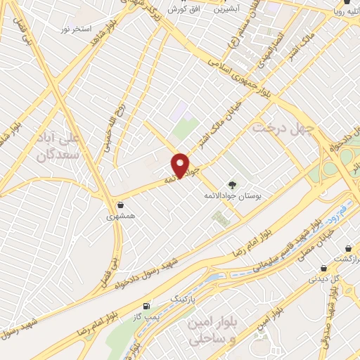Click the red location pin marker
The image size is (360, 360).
click(x=181, y=165)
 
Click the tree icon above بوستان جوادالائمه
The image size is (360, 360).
click(x=233, y=181)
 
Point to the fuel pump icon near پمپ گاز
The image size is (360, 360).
click(x=146, y=306)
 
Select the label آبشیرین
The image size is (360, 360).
click(x=226, y=10)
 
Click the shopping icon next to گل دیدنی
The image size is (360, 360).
click(x=323, y=267)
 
